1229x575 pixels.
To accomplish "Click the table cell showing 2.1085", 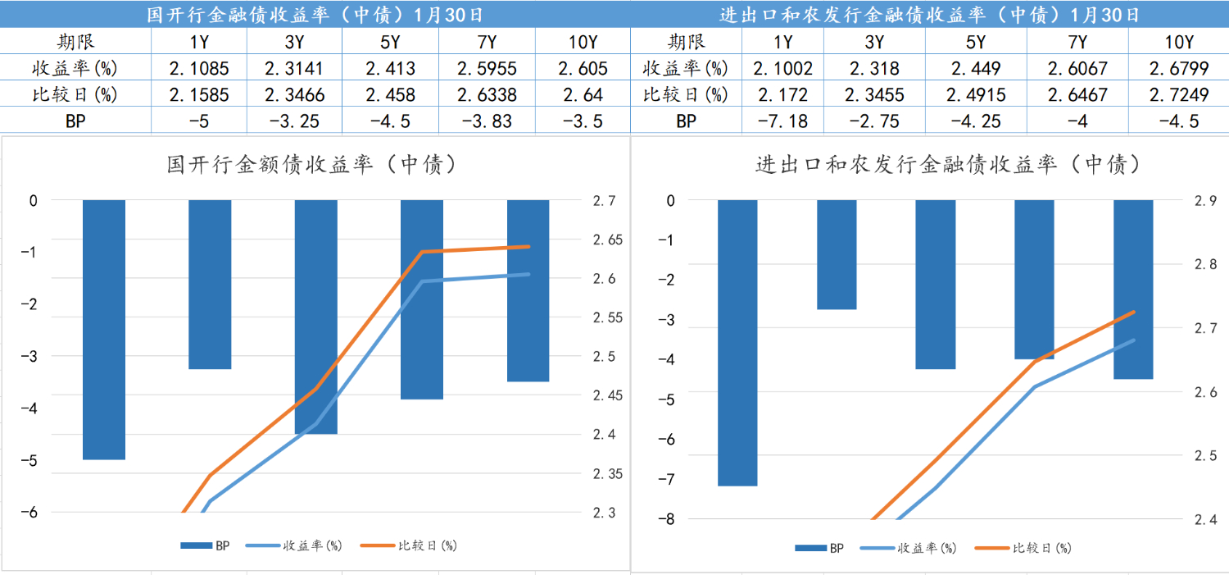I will [x=199, y=68].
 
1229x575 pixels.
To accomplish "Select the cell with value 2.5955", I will [x=488, y=68].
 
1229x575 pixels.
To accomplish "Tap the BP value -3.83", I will [x=488, y=121].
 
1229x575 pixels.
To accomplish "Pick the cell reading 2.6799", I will [x=1179, y=68].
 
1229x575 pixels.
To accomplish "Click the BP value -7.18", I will [x=783, y=121].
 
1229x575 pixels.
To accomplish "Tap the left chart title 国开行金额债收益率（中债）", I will [x=311, y=165].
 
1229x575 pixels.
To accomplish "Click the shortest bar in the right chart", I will [x=837, y=254].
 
